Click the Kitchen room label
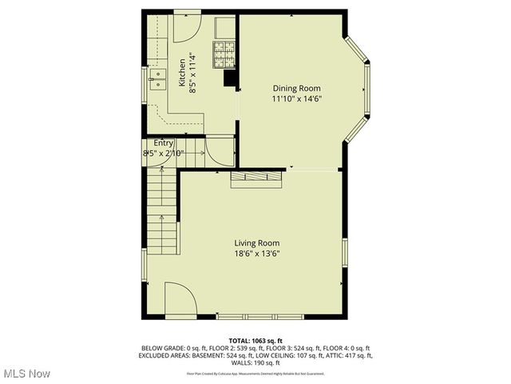(x=182, y=73)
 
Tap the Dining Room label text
(x=296, y=88)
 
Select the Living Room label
(x=256, y=243)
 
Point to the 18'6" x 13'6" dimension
(x=256, y=254)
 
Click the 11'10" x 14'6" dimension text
(x=296, y=99)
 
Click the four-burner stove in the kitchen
(x=224, y=54)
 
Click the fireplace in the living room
(x=256, y=180)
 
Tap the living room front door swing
(x=180, y=301)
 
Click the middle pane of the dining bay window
(x=368, y=90)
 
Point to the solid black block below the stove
(x=231, y=78)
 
